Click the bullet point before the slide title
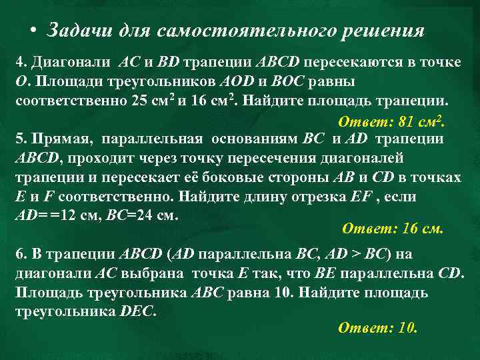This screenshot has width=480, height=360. coord(33,31)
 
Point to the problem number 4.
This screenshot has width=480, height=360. coord(19,62)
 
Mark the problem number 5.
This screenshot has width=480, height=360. coord(19,139)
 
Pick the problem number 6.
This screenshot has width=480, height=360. coord(19,254)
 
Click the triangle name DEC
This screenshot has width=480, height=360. coord(138,312)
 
